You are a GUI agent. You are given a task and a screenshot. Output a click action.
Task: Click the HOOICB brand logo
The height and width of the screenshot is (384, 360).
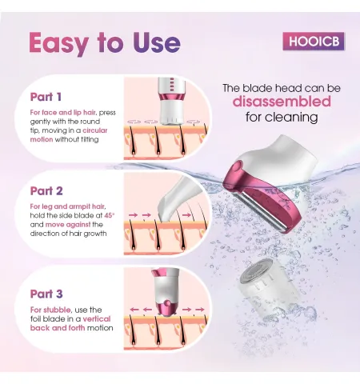click(x=314, y=42)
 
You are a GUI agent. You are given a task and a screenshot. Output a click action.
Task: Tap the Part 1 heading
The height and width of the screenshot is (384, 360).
click(x=46, y=97)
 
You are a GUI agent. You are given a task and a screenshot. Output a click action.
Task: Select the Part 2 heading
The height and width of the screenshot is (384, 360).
click(x=46, y=191)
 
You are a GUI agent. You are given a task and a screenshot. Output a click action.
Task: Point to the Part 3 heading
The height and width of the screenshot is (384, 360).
click(x=46, y=294)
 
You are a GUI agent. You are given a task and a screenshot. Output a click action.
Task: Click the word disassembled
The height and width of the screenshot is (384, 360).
click(x=282, y=102)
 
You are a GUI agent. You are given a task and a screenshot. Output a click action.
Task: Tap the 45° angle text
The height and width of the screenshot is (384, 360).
click(x=110, y=215)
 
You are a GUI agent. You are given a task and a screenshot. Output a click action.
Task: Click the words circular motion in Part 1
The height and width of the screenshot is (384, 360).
click(x=69, y=135)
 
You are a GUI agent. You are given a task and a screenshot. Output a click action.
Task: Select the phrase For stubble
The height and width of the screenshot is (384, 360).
click(x=50, y=310)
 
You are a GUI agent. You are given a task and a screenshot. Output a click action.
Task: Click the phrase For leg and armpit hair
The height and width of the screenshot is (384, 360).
click(x=68, y=206)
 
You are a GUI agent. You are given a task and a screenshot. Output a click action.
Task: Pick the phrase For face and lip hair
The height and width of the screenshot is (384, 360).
click(x=63, y=112)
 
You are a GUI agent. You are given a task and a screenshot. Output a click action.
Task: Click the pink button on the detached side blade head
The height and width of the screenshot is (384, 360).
click(x=237, y=167)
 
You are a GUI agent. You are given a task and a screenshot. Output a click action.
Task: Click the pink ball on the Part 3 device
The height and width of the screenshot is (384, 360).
click(x=167, y=303)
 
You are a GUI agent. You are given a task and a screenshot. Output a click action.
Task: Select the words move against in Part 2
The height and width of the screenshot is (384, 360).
click(x=68, y=225)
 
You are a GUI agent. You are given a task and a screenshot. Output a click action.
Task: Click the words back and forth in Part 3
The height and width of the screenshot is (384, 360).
click(x=58, y=328)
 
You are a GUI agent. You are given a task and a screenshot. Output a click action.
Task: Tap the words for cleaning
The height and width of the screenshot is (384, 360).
click(x=282, y=117)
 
